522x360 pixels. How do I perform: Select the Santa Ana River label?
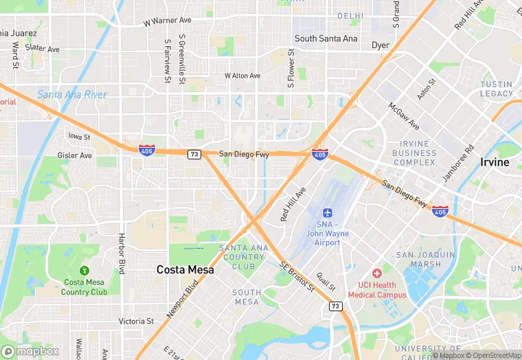click(x=72, y=94)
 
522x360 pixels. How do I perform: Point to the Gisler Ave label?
click(x=75, y=155)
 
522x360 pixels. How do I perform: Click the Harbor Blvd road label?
click(x=122, y=256)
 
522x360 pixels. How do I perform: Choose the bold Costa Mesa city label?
click(x=185, y=270)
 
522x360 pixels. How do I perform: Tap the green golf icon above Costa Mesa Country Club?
click(x=84, y=270)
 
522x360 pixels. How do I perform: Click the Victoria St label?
click(x=136, y=321)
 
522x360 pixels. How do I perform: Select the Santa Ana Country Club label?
click(x=242, y=257)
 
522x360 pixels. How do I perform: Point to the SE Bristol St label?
click(x=297, y=275)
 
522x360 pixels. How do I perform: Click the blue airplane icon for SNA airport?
click(x=328, y=212)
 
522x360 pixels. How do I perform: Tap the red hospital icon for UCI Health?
click(x=376, y=273)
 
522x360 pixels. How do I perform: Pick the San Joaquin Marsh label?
click(x=426, y=260)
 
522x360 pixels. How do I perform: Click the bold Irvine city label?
click(x=495, y=162)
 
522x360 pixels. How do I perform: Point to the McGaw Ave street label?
click(x=404, y=116)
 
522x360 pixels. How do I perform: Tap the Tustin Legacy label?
click(x=497, y=89)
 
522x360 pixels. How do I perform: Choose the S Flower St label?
click(x=291, y=69)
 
